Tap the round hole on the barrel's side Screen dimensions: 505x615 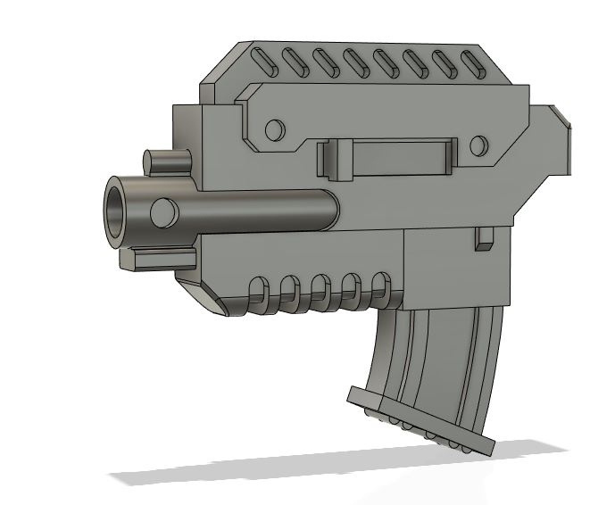tap(162, 213)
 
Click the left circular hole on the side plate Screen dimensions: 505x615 tap(275, 130)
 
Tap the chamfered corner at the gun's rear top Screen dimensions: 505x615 tap(560, 114)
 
